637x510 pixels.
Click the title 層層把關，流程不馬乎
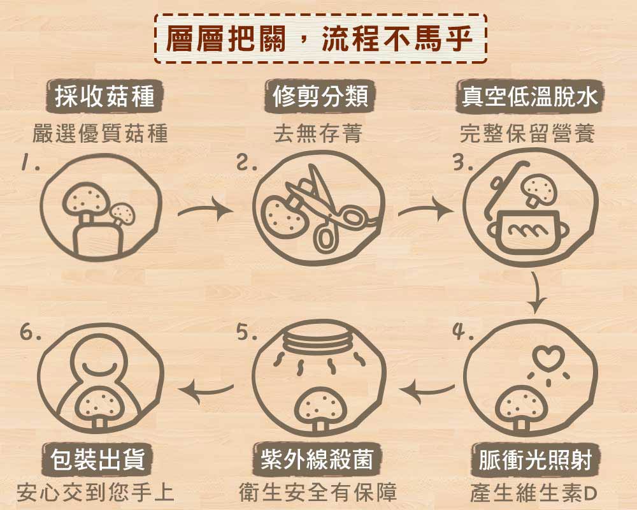[x=319, y=39]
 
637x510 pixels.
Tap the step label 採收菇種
[x=104, y=97]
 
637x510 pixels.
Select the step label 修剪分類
[x=320, y=96]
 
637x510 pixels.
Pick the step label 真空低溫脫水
[x=530, y=97]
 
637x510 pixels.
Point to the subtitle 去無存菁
[x=318, y=133]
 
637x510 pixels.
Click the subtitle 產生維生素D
[x=533, y=493]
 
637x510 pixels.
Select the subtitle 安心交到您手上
[x=96, y=493]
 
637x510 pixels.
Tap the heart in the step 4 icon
[x=548, y=357]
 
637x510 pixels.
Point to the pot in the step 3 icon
[x=527, y=231]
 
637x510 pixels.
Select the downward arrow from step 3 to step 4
[x=537, y=293]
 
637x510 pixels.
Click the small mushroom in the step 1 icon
[x=122, y=215]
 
